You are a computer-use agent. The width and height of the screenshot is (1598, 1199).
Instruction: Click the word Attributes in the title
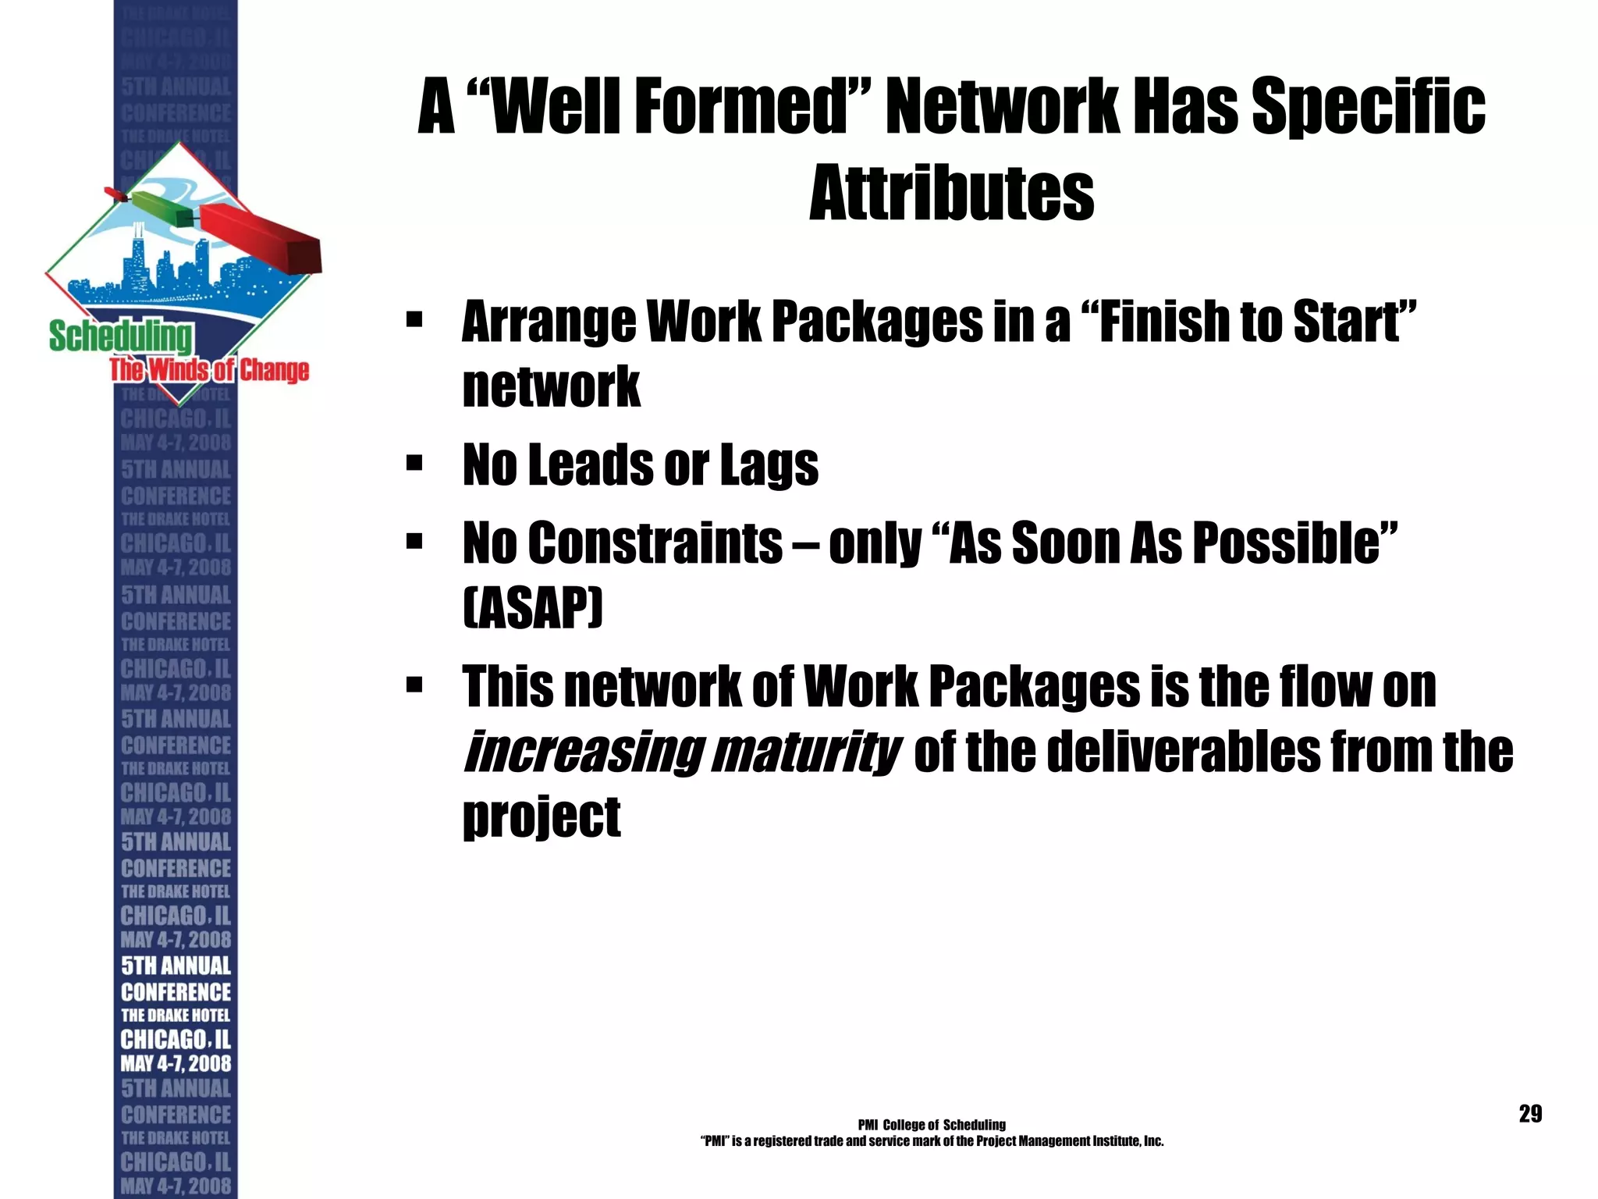pyautogui.click(x=951, y=193)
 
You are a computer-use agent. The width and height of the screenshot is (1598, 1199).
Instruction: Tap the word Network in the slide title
pyautogui.click(x=1002, y=107)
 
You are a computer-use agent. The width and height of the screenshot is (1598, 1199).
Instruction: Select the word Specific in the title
pyautogui.click(x=1369, y=107)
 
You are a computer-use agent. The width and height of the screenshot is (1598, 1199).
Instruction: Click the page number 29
pyautogui.click(x=1530, y=1114)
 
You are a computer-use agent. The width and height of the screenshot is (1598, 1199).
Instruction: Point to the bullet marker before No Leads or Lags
pyautogui.click(x=414, y=464)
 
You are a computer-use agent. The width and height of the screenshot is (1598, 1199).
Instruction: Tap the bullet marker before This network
pyautogui.click(x=414, y=685)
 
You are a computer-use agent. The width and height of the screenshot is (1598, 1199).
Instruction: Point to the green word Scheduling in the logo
pyautogui.click(x=120, y=336)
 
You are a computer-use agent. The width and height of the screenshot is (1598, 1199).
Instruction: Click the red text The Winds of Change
pyautogui.click(x=209, y=369)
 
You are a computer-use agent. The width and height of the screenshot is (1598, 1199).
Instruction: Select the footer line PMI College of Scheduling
pyautogui.click(x=931, y=1125)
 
